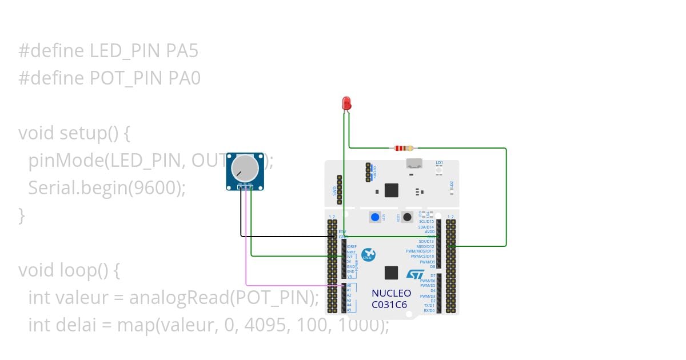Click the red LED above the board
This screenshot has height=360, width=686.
tap(346, 103)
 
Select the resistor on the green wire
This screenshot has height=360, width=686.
tap(404, 148)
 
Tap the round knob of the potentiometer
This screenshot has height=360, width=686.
tap(244, 167)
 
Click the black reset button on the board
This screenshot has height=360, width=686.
tap(407, 217)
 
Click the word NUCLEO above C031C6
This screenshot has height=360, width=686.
tap(391, 293)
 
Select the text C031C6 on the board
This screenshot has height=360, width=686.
tap(389, 305)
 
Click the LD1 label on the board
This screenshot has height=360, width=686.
tap(439, 163)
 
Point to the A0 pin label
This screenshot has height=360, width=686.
tap(349, 285)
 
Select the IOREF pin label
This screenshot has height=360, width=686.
tap(352, 246)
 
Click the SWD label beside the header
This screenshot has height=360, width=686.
tap(335, 190)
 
